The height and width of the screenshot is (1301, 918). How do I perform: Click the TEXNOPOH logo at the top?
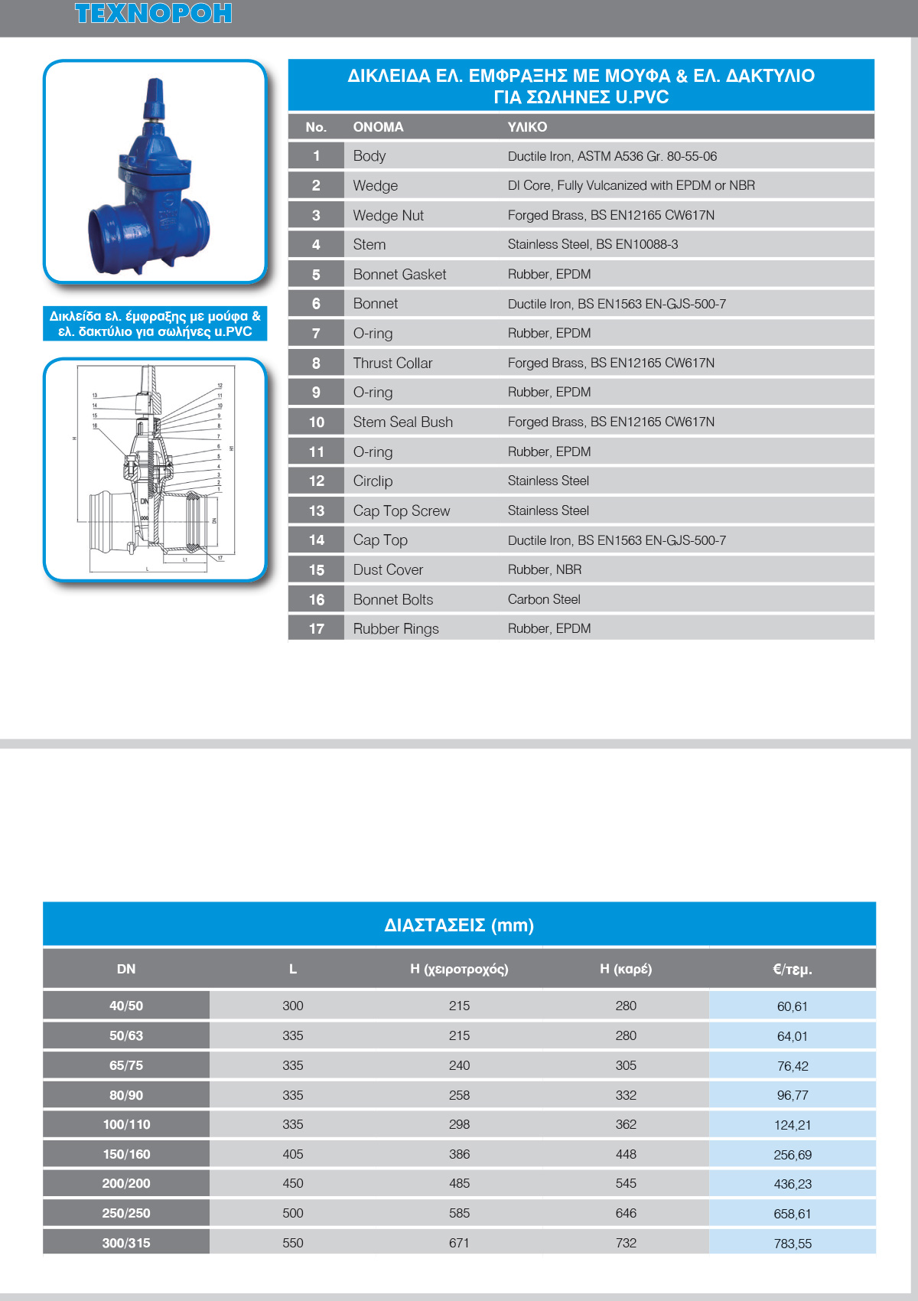pyautogui.click(x=153, y=14)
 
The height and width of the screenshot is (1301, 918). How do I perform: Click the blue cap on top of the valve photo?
pyautogui.click(x=155, y=96)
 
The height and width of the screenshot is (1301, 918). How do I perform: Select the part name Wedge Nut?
pyautogui.click(x=388, y=216)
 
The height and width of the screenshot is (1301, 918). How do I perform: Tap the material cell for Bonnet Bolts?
pyautogui.click(x=544, y=599)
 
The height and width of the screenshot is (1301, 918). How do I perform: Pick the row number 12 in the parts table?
pyautogui.click(x=316, y=481)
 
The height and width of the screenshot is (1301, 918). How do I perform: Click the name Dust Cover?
pyautogui.click(x=388, y=570)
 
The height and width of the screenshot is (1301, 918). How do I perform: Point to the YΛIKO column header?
pyautogui.click(x=527, y=127)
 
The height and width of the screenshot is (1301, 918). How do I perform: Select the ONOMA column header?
pyautogui.click(x=378, y=127)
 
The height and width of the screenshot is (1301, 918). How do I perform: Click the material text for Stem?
pyautogui.click(x=593, y=245)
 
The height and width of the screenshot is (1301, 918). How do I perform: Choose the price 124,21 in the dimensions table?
pyautogui.click(x=793, y=1125)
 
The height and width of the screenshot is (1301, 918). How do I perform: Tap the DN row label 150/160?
pyautogui.click(x=126, y=1154)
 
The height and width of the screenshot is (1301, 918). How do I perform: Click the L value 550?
pyautogui.click(x=293, y=1243)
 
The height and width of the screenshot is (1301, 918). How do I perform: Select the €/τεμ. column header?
pyautogui.click(x=793, y=970)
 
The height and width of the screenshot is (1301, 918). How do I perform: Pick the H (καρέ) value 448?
pyautogui.click(x=626, y=1154)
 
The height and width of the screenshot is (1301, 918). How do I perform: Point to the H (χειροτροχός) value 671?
pyautogui.click(x=459, y=1243)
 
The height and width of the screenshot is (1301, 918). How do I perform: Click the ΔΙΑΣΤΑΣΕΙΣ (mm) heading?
pyautogui.click(x=459, y=925)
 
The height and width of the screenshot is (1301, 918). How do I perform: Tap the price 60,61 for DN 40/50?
pyautogui.click(x=793, y=1006)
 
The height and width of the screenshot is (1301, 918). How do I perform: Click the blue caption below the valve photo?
pyautogui.click(x=155, y=324)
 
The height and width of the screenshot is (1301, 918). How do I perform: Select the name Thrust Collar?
pyautogui.click(x=392, y=364)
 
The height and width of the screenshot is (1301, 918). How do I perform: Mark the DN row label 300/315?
pyautogui.click(x=126, y=1243)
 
